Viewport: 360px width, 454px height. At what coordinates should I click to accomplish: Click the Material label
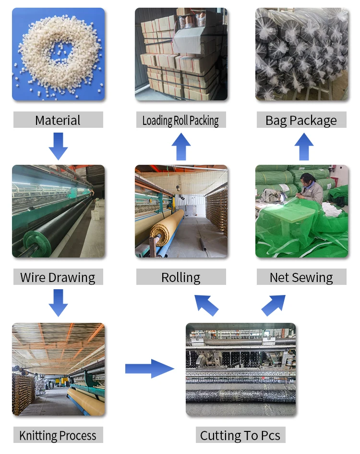point(58,120)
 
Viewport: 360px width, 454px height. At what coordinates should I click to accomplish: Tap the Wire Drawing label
point(58,277)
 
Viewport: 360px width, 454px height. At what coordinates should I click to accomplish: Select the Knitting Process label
point(58,436)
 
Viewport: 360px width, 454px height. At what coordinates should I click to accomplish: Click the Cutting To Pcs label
point(240,436)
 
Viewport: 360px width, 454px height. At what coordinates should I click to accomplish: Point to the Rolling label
point(181,277)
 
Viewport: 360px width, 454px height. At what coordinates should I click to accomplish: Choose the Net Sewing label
point(301,277)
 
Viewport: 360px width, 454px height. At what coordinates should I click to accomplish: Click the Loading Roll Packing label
point(180,120)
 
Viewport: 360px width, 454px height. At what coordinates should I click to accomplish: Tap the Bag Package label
point(301,120)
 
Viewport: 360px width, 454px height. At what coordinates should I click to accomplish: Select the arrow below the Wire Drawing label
point(58,303)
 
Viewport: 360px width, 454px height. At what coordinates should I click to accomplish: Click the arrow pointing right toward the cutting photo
point(149,368)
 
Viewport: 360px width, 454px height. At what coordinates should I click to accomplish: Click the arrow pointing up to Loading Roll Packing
point(181,146)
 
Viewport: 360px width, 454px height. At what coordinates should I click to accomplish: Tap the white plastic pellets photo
point(58,54)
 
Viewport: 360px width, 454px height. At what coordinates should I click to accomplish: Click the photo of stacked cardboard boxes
point(181,54)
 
